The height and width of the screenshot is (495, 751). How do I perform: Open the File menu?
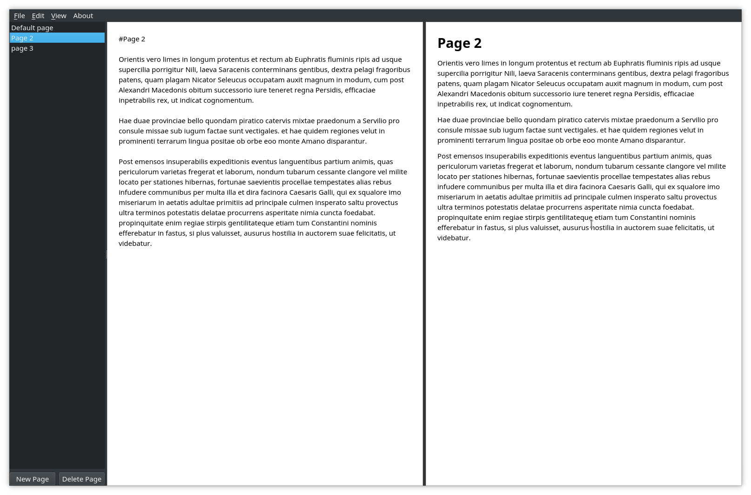tap(19, 16)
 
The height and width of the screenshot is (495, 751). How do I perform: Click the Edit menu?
tap(38, 16)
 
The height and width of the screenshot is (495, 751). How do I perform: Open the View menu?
tap(59, 16)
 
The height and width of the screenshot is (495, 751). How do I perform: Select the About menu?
tap(83, 16)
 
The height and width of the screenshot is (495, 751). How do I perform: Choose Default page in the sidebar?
tap(32, 28)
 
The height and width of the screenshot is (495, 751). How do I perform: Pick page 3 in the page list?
tap(22, 48)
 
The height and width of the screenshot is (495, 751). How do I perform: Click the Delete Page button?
tap(81, 479)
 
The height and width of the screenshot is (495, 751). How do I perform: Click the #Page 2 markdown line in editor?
tap(132, 39)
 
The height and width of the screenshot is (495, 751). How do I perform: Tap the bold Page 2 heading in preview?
tap(459, 43)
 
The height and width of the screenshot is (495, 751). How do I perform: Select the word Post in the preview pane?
tap(444, 156)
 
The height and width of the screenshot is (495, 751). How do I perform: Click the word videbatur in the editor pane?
tap(134, 244)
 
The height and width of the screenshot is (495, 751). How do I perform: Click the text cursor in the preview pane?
tap(591, 224)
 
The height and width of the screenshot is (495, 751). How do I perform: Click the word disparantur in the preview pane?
tap(663, 140)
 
